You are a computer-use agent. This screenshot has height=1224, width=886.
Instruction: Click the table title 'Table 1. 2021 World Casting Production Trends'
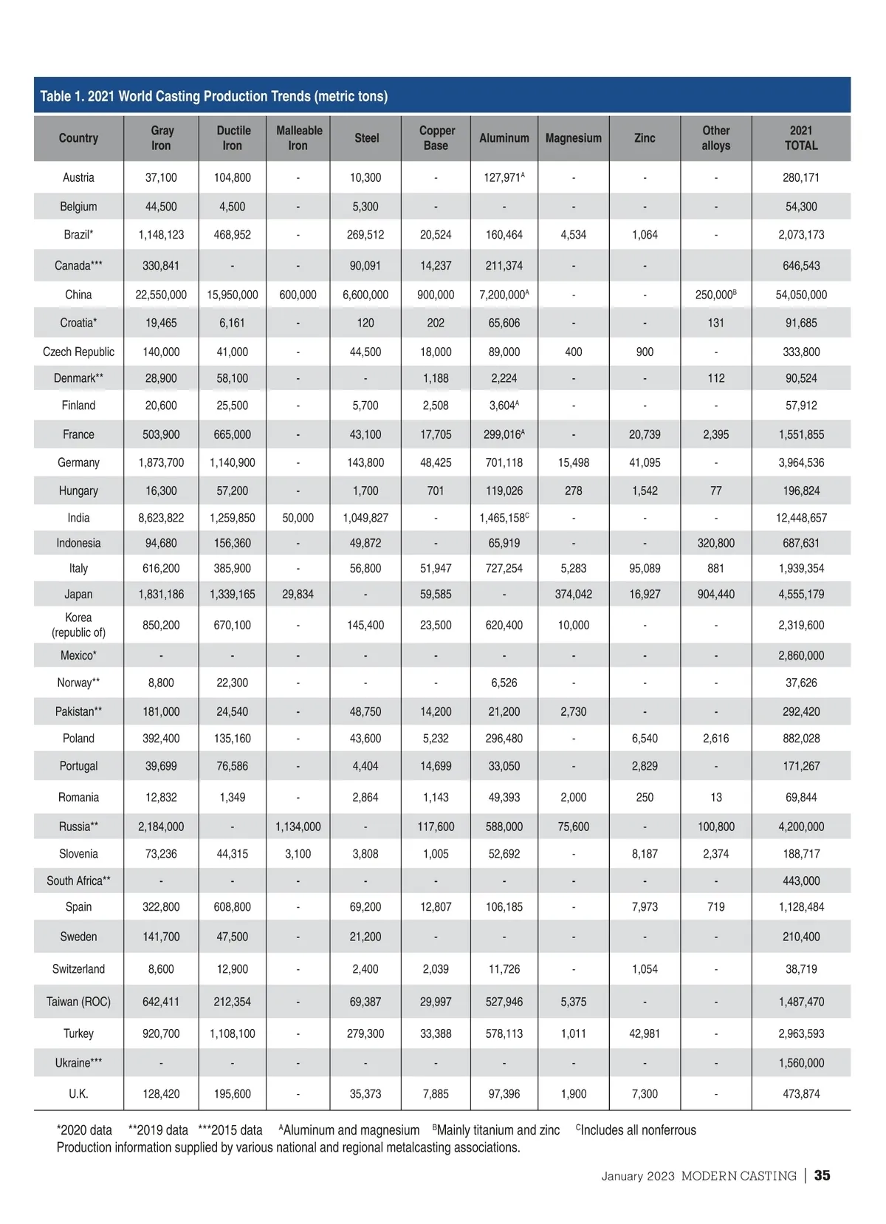pos(213,96)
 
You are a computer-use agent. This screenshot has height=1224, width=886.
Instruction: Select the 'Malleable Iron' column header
pos(299,138)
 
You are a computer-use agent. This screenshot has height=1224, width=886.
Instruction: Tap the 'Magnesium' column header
pos(573,138)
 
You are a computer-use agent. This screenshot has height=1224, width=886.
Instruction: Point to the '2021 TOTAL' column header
pos(800,138)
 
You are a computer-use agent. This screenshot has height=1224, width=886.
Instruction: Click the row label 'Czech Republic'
pos(78,352)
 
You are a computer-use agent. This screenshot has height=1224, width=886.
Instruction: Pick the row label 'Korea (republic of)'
pos(78,625)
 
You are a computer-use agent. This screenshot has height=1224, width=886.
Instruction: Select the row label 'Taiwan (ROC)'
pos(78,1002)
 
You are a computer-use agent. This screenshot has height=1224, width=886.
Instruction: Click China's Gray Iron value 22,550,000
pos(161,295)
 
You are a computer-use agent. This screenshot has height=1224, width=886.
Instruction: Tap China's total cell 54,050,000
pos(800,295)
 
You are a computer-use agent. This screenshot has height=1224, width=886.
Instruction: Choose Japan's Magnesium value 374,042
pos(573,594)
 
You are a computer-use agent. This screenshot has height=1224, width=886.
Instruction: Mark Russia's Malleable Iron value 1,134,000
pos(298,827)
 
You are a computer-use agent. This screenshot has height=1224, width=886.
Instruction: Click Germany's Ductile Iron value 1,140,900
pos(232,462)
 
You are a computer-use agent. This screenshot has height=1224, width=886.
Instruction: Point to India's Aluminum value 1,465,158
pos(504,518)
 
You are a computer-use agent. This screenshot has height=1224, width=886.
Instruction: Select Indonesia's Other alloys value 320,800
pos(715,543)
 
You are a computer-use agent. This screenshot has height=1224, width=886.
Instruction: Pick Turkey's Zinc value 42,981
pos(645,1033)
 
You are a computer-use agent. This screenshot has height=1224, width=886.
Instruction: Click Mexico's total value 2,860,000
pos(800,655)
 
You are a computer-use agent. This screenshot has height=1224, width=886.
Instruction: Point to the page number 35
pos(822,1175)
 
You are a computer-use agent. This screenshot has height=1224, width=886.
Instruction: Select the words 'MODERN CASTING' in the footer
pos(738,1176)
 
